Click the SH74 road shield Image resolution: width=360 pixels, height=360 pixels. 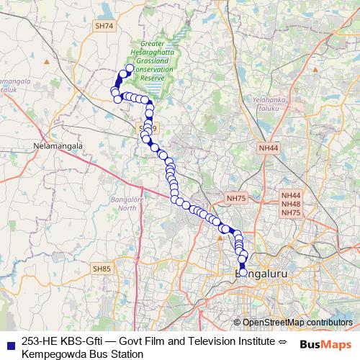pyautogui.click(x=104, y=45)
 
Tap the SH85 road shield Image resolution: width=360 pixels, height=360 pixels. pyautogui.click(x=102, y=269)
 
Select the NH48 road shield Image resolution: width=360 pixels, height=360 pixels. pyautogui.click(x=291, y=204)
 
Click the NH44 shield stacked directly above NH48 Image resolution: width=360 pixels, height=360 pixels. pyautogui.click(x=291, y=195)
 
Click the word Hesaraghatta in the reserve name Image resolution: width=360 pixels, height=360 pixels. pyautogui.click(x=151, y=54)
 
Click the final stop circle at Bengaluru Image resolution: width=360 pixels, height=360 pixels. pyautogui.click(x=243, y=272)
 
